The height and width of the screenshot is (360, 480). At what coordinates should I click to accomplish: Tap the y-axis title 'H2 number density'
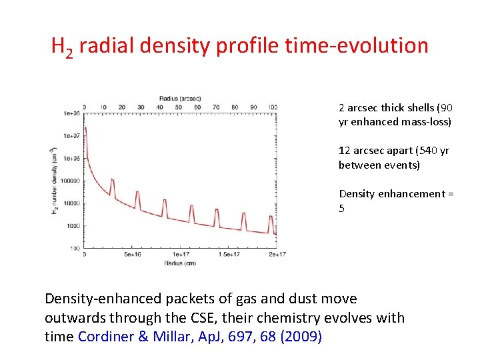click(55, 181)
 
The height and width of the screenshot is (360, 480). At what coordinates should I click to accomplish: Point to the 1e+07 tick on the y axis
click(72, 136)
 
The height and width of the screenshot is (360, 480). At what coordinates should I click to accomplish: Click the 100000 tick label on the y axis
click(71, 181)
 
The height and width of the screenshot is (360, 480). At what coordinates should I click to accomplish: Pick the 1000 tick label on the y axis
click(74, 226)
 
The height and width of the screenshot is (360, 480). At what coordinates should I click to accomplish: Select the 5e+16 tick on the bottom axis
click(132, 255)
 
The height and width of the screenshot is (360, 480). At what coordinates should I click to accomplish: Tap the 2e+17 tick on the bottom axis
click(276, 255)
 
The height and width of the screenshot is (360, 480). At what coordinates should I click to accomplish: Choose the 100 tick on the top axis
click(271, 107)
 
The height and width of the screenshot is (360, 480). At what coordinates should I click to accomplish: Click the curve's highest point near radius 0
click(85, 127)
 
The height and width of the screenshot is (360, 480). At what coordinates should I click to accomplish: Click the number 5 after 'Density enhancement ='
click(342, 209)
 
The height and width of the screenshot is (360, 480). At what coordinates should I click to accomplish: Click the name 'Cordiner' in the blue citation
click(105, 337)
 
